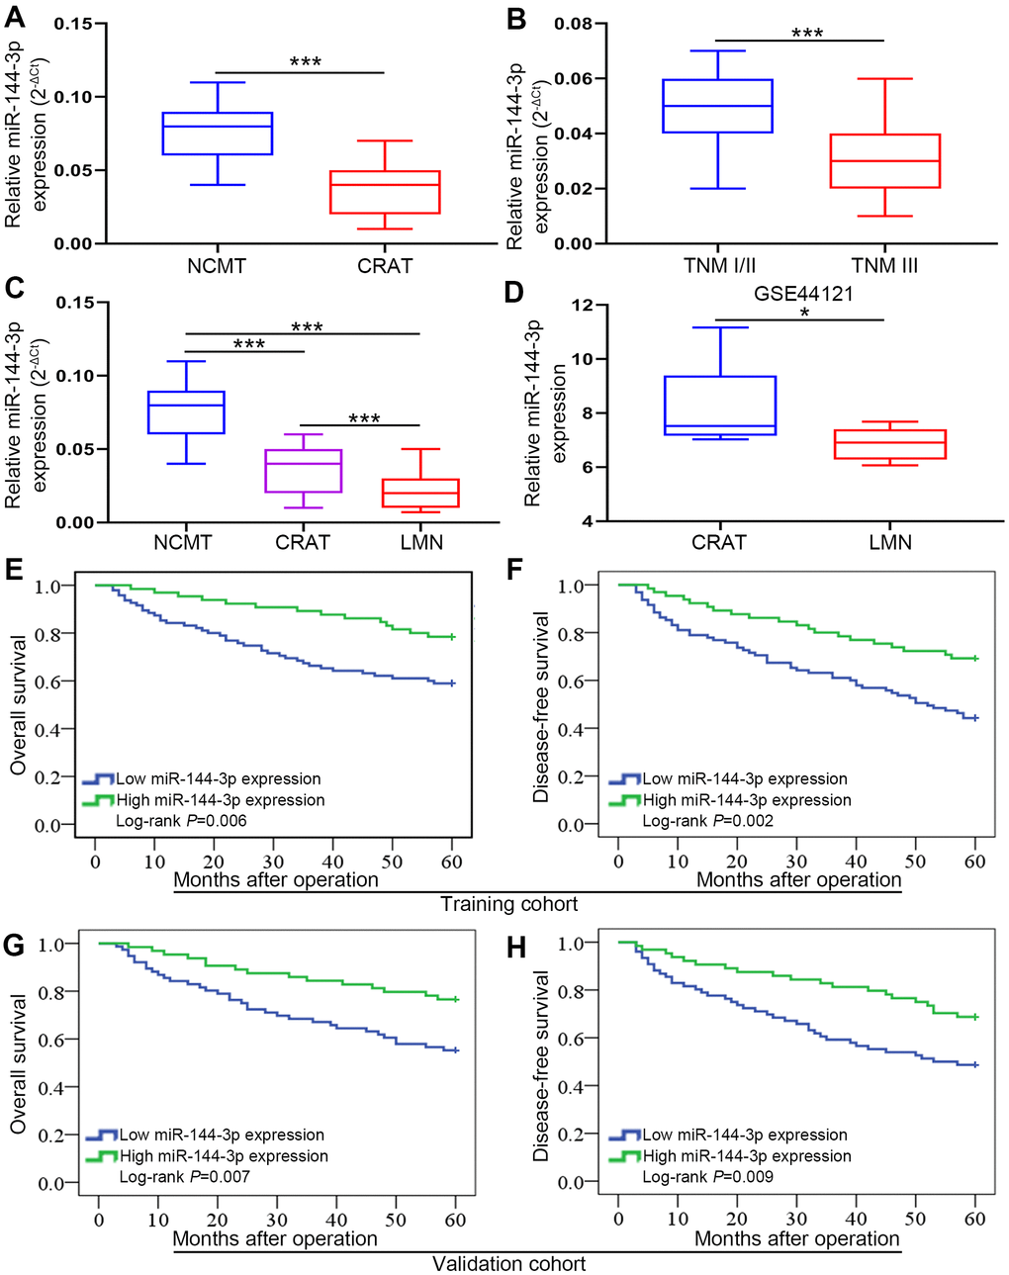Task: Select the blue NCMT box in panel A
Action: (x=216, y=133)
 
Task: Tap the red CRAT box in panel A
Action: (x=385, y=192)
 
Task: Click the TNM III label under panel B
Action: (x=884, y=265)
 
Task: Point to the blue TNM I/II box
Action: (x=718, y=106)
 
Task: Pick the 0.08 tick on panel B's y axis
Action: (x=573, y=24)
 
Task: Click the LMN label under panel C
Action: (x=422, y=542)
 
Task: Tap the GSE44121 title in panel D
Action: (x=803, y=294)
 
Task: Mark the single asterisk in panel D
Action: (x=804, y=315)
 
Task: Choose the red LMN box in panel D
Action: (x=890, y=444)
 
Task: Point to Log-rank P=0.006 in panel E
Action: (x=182, y=821)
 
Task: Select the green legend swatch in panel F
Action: (x=625, y=799)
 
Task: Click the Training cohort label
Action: (x=508, y=904)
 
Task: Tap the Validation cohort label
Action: (x=508, y=1264)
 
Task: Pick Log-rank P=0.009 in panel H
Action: (x=708, y=1177)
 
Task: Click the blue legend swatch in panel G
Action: (x=101, y=1135)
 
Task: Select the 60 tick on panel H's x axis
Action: (x=975, y=1219)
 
